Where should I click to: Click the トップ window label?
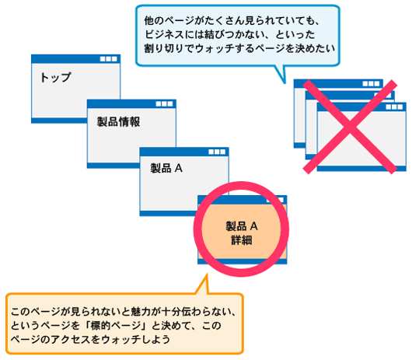click(x=55, y=78)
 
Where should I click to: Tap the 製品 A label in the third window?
click(x=166, y=168)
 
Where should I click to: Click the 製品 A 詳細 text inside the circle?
click(x=242, y=232)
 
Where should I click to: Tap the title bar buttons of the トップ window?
click(x=110, y=59)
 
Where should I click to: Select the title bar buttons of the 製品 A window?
click(x=218, y=150)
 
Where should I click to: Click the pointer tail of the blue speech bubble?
click(x=279, y=74)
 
